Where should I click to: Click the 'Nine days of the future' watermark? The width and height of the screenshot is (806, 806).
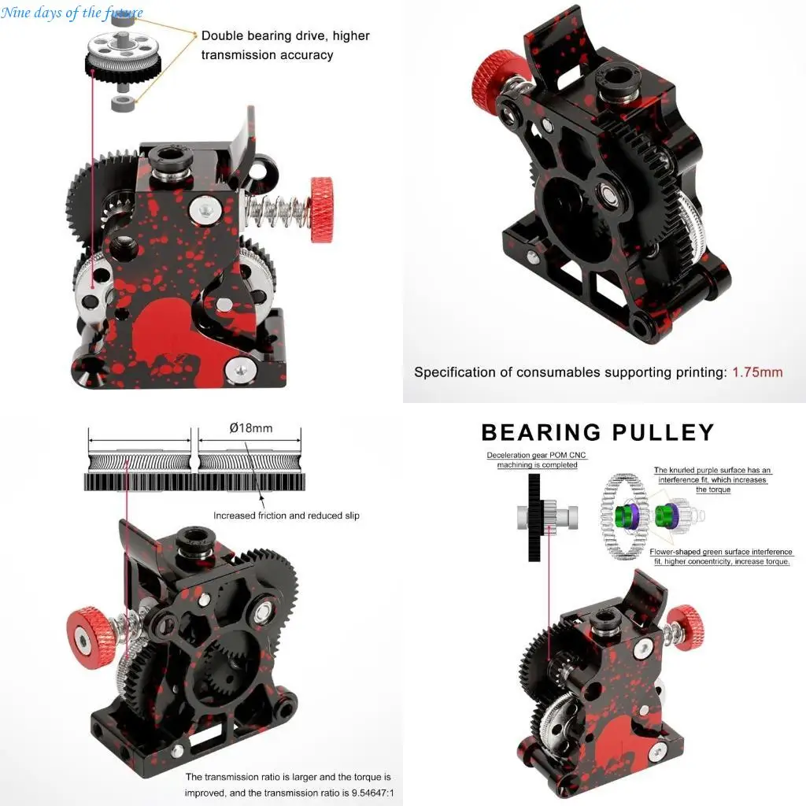tap(72, 12)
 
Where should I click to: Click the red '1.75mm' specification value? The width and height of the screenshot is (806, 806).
tap(757, 372)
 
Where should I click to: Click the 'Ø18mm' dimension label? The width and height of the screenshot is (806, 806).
tap(251, 428)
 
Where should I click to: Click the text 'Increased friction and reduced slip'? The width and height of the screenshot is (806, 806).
tap(287, 516)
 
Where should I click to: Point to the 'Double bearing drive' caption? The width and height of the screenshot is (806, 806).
tap(285, 35)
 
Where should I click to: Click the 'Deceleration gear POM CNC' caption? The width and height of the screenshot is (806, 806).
tap(536, 455)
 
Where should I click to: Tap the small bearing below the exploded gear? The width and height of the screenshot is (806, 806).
tap(123, 105)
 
